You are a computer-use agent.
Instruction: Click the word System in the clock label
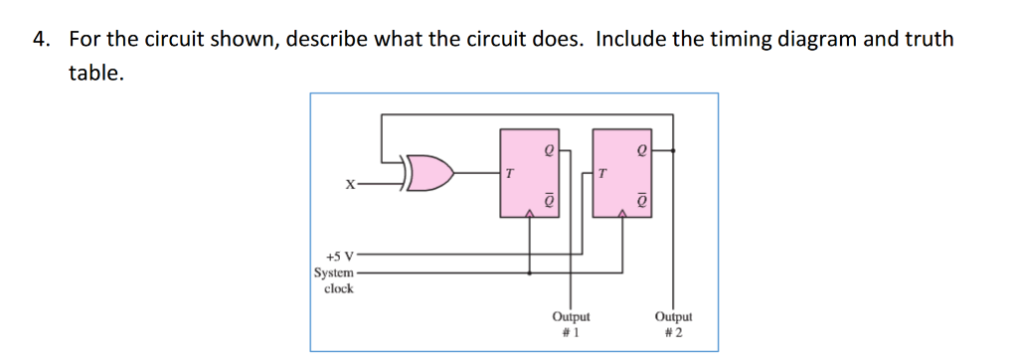point(333,272)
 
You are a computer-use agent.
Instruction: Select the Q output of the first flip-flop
point(546,152)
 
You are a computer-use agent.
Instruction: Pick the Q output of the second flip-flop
point(642,152)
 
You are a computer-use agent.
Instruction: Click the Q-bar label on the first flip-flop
point(546,200)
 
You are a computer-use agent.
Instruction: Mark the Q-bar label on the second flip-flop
point(642,200)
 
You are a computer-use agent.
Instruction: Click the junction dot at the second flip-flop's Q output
point(675,152)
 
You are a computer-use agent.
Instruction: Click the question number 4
point(40,40)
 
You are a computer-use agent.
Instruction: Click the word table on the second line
point(95,73)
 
